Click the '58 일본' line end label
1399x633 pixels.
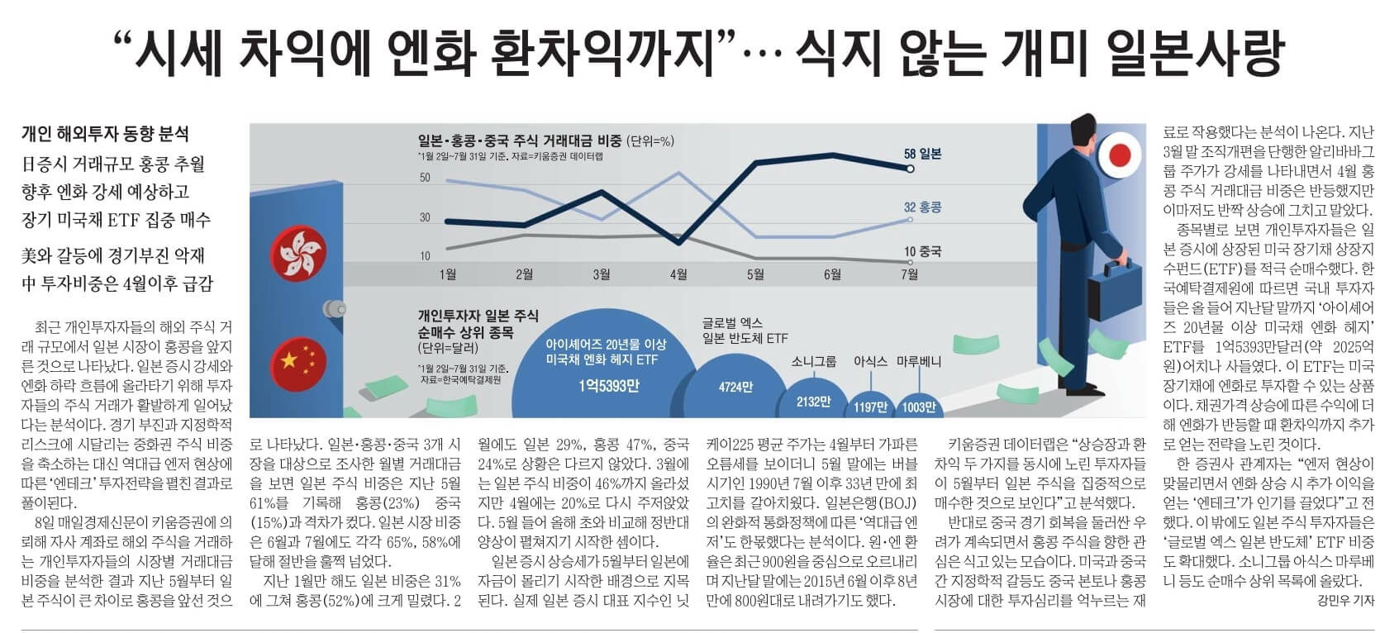tap(922, 154)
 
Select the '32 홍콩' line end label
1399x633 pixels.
tap(922, 207)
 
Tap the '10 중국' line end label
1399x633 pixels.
tap(922, 251)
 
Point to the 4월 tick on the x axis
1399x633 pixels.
tap(678, 274)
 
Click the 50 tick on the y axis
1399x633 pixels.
tap(425, 178)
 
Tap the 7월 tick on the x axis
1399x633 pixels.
tap(909, 274)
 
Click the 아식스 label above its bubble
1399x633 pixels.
tap(869, 361)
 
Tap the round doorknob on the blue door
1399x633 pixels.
tap(334, 307)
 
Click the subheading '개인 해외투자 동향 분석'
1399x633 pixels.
tap(105, 134)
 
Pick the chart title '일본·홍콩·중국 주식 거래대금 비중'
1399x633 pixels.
tap(520, 140)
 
